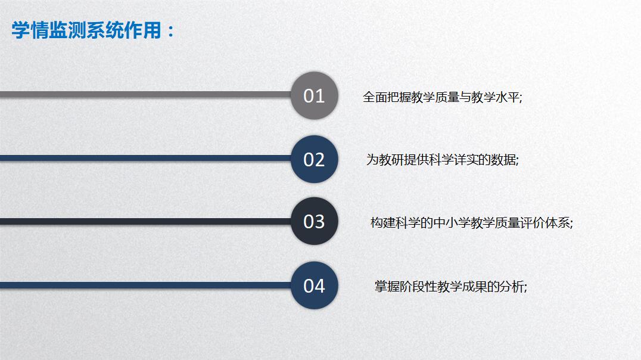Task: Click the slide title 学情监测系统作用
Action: pos(86,30)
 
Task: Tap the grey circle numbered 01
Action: pos(315,95)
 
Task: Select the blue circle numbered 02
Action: pos(315,159)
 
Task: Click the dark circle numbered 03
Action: pos(315,221)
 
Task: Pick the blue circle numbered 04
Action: pos(315,285)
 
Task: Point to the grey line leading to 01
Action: pos(145,95)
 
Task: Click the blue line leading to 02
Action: pos(145,158)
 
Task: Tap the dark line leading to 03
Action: pos(145,221)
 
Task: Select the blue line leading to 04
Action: pos(145,285)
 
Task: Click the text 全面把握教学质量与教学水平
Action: pos(441,97)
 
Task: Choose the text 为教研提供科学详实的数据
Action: pos(441,160)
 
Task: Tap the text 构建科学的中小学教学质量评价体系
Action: pos(470,223)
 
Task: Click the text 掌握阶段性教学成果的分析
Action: pos(449,286)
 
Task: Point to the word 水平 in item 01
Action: pos(508,97)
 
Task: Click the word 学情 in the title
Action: pos(30,30)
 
